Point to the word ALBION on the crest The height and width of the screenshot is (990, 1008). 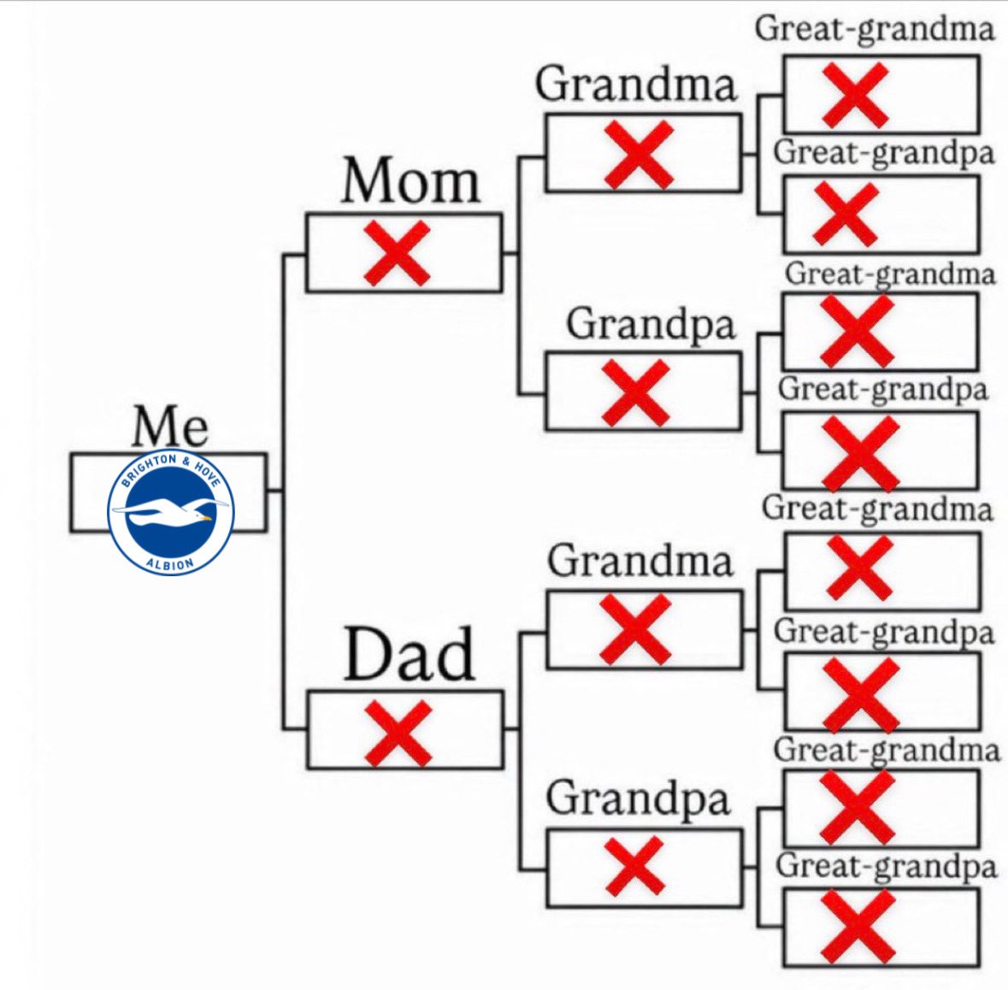coord(170,562)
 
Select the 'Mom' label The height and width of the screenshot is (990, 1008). coord(410,181)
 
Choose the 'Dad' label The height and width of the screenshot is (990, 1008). coord(409,654)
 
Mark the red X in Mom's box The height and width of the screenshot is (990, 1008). coord(397,252)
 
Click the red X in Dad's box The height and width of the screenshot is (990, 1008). coord(398,733)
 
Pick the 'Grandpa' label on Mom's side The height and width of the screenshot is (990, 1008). coord(651,324)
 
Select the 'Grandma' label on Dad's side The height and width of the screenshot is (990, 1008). coord(640,561)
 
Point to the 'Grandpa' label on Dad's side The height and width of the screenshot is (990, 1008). coord(638,798)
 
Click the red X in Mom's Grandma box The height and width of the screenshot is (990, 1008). coord(639,154)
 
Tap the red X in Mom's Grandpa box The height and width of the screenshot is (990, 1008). coord(636,392)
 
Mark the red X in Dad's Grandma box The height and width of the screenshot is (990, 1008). coord(635,629)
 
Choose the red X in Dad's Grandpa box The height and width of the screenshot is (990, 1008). coord(634,865)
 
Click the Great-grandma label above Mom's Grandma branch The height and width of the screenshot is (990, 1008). coord(875,28)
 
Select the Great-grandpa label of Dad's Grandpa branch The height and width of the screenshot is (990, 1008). coord(886,865)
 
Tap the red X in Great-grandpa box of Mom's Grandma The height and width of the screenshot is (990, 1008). coord(846,214)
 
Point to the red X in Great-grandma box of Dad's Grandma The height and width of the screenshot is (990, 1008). coord(860,569)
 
